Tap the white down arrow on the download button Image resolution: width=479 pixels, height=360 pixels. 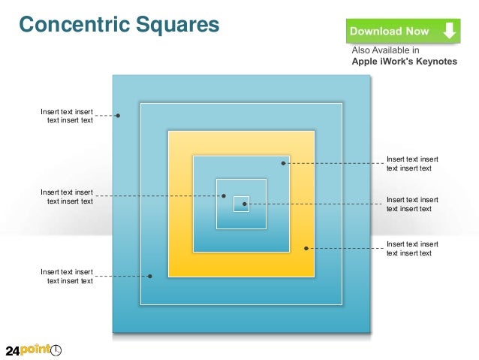click(449, 31)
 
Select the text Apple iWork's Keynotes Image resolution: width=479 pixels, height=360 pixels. click(404, 62)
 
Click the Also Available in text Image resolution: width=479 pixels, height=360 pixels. click(386, 51)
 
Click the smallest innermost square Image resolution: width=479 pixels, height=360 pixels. click(241, 204)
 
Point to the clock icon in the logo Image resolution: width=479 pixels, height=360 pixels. click(56, 350)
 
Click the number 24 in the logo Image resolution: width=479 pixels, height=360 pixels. click(14, 351)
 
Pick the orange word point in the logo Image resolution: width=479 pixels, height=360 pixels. click(35, 350)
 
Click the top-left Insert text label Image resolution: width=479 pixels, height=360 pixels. click(67, 116)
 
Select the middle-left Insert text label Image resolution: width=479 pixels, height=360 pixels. click(67, 196)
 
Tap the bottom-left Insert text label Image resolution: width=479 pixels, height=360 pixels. click(67, 276)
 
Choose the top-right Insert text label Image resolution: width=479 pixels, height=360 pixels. click(412, 163)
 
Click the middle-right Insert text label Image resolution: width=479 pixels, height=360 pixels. click(412, 204)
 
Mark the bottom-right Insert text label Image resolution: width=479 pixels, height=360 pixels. click(412, 248)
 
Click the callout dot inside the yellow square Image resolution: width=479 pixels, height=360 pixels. click(306, 248)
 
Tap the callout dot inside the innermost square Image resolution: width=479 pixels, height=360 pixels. click(245, 204)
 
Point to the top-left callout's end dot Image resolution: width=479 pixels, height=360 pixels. click(119, 116)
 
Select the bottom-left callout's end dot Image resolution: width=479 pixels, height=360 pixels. click(150, 276)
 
